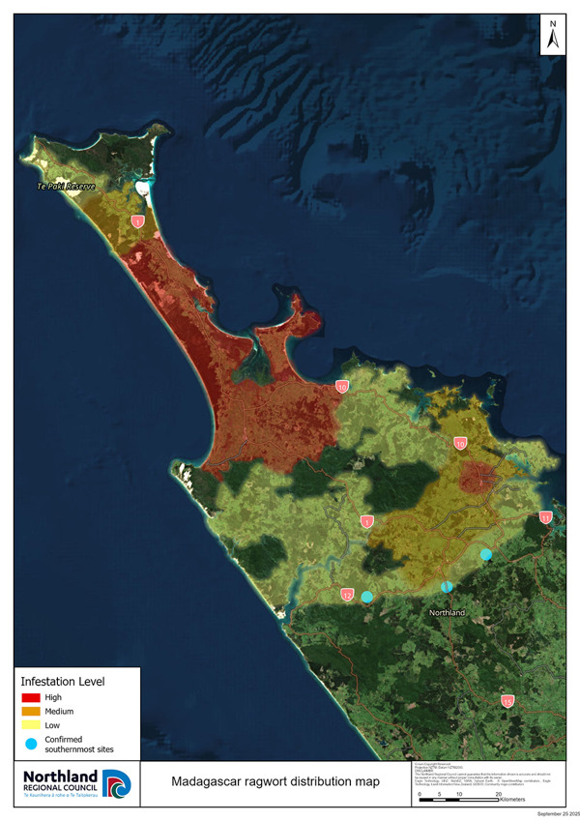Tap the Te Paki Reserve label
click(x=66, y=185)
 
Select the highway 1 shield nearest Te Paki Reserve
click(x=138, y=222)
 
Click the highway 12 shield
click(x=347, y=595)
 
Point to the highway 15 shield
click(x=507, y=701)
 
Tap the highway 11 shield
click(x=546, y=517)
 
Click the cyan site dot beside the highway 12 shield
click(x=367, y=597)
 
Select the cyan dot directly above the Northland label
click(x=447, y=587)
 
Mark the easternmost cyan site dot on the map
click(x=486, y=554)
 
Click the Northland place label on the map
click(x=448, y=613)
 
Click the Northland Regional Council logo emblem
click(x=115, y=781)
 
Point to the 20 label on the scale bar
click(x=499, y=793)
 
